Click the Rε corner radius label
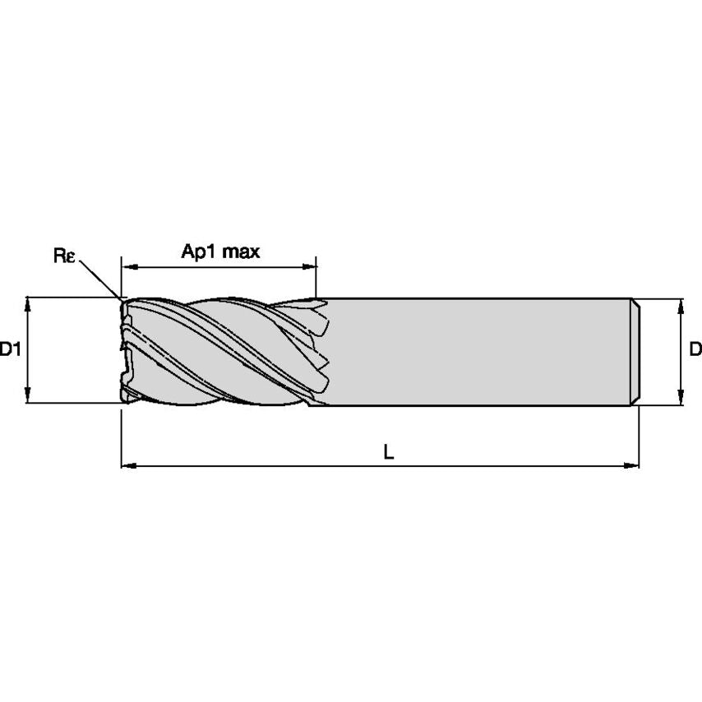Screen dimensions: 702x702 (64, 256)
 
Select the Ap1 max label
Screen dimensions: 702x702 (220, 252)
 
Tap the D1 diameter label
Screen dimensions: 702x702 (10, 349)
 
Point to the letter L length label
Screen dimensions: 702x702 (389, 450)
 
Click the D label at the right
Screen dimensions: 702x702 (695, 349)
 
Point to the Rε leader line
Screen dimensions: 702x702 (100, 279)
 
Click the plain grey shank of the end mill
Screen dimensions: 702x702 (477, 351)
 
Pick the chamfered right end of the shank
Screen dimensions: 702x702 (635, 351)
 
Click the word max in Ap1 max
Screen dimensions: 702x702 (242, 252)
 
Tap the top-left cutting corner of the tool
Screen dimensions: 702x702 (123, 301)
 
